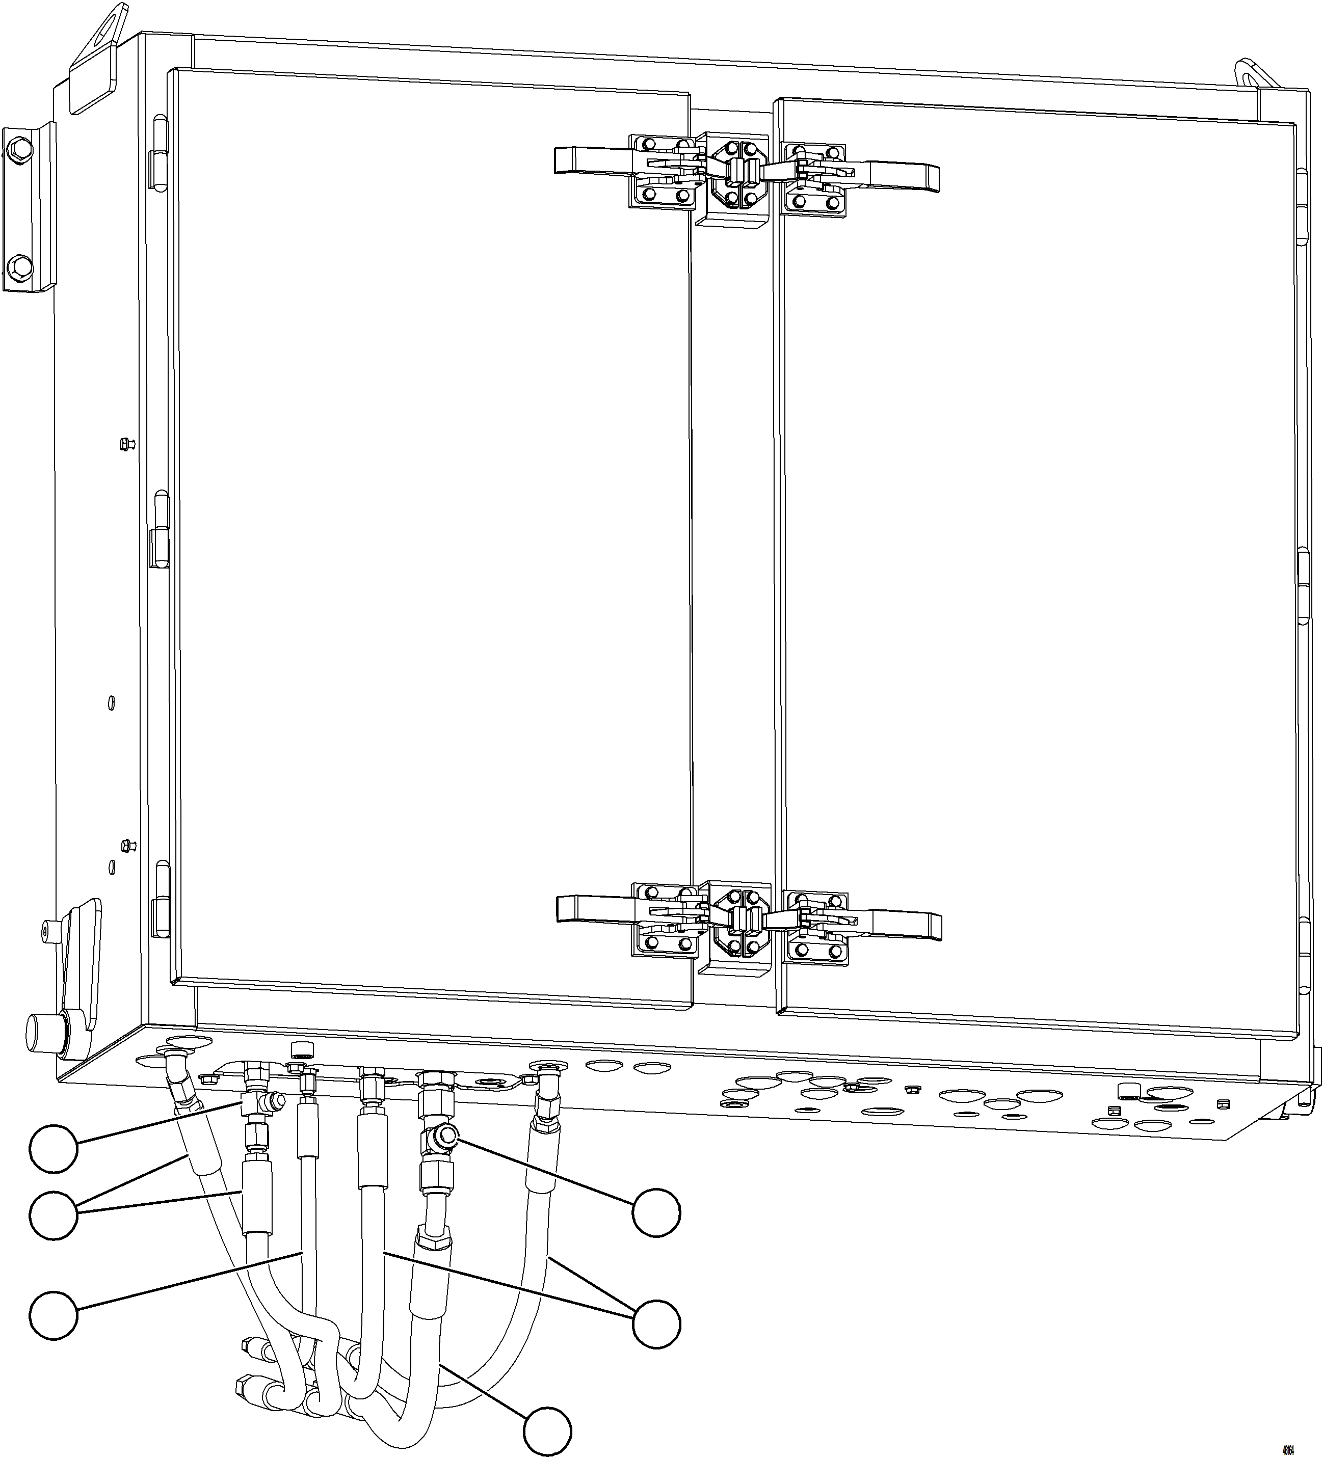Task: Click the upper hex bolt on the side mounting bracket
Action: tap(21, 150)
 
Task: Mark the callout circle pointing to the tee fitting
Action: tap(54, 1148)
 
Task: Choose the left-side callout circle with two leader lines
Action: tap(54, 1216)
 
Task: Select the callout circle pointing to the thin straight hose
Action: tap(54, 1314)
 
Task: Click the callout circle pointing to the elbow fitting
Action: tap(656, 1211)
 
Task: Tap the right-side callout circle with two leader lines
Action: tap(656, 1323)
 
